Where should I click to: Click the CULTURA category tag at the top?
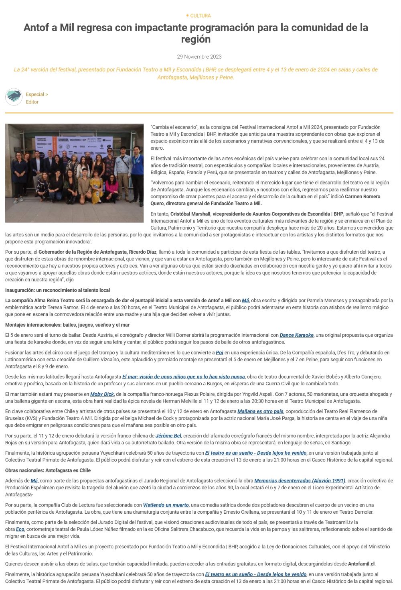coord(200,16)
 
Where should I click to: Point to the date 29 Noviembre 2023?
coord(199,57)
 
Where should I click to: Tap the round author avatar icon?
coord(14,97)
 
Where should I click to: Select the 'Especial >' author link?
coord(37,94)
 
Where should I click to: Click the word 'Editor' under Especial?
coord(32,102)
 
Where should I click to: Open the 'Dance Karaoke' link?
coord(297,335)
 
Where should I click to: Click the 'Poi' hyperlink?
coord(219,353)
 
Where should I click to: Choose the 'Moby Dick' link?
coord(102,394)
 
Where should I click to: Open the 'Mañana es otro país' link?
coord(260,411)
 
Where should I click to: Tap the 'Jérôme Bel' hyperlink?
coord(168,436)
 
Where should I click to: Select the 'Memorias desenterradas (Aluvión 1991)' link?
coord(300,481)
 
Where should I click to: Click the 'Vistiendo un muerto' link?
coord(166,505)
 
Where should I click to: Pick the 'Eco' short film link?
coord(20,529)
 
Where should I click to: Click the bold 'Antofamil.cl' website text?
coord(361,564)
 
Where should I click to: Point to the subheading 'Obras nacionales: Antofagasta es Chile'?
coord(48,470)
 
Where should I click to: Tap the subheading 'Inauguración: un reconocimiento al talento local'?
coord(57,290)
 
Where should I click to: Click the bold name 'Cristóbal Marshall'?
coord(190,214)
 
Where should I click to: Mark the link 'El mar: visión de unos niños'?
coord(183,377)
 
